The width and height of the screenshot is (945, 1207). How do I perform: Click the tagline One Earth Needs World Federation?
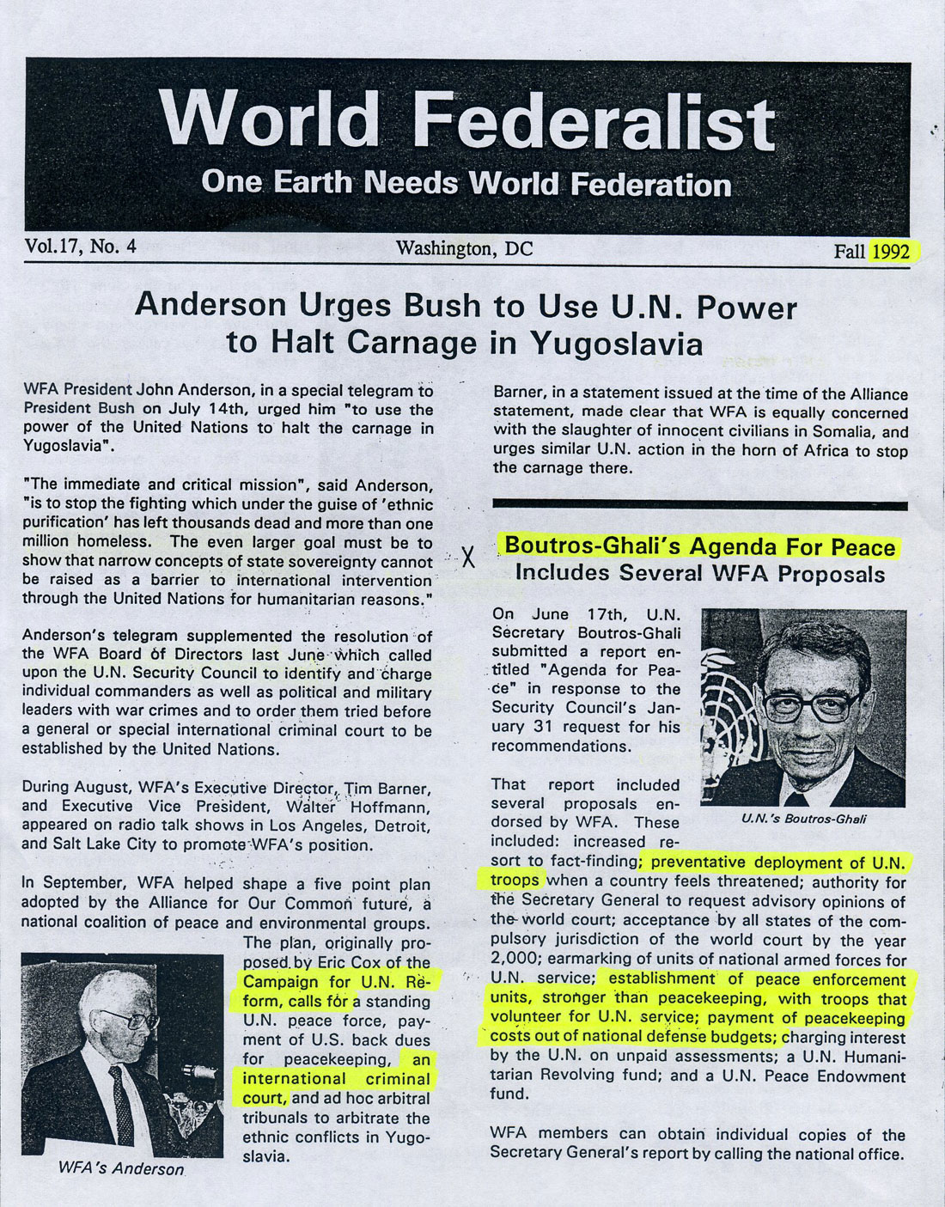466,183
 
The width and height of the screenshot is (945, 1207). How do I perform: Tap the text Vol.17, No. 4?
81,247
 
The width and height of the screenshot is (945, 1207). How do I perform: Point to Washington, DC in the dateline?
464,249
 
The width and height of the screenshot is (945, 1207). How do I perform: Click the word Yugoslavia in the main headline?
616,344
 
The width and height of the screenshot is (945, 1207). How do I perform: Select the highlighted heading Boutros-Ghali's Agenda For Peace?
699,546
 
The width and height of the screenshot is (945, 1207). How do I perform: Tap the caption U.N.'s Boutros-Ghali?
803,819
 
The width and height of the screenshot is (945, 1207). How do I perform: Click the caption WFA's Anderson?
121,1168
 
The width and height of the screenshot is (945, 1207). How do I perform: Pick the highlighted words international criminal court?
336,1079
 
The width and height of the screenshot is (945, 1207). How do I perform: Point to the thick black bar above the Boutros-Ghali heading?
699,505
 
